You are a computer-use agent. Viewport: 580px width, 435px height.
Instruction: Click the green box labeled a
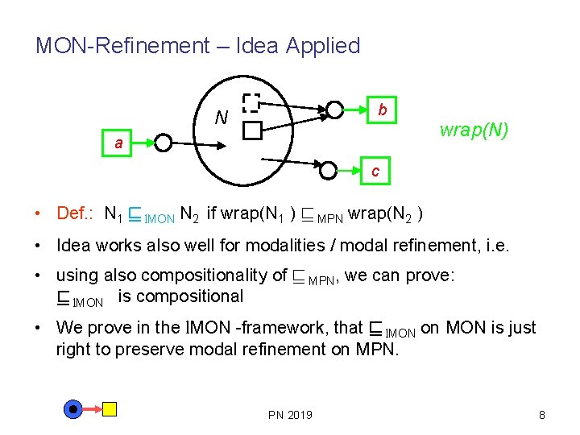pos(119,143)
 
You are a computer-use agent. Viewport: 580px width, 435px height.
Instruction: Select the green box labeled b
pos(383,109)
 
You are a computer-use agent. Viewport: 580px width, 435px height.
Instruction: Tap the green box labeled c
pos(375,171)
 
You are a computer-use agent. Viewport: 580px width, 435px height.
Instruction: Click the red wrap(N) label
pos(474,130)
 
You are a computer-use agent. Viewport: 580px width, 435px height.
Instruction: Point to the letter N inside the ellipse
pos(220,118)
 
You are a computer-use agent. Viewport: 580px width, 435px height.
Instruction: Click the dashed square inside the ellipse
pos(251,102)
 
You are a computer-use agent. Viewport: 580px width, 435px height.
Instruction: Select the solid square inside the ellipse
pos(251,130)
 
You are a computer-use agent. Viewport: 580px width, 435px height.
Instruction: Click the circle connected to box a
pos(164,143)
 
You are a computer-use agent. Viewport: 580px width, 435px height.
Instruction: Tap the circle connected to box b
pos(333,110)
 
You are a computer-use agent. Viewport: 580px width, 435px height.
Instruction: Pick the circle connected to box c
pos(329,170)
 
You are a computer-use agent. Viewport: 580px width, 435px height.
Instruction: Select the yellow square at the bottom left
pos(109,409)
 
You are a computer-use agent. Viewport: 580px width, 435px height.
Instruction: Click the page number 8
pos(541,415)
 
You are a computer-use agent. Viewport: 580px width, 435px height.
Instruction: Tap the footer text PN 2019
pos(290,415)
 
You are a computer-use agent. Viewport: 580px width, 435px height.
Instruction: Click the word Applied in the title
pos(321,46)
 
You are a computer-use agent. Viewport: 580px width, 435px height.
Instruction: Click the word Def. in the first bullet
pos(75,213)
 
